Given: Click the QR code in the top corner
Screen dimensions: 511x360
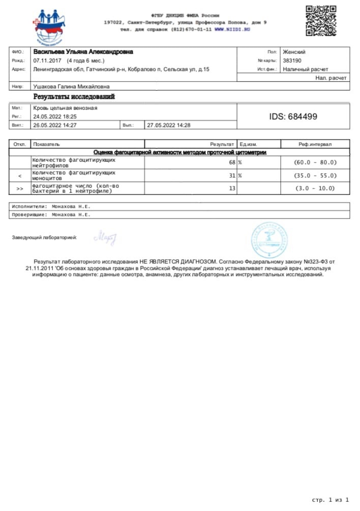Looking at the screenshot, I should (x=321, y=20).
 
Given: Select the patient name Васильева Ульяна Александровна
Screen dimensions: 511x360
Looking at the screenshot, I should (x=83, y=52).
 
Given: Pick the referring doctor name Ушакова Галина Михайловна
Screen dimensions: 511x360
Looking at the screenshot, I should (x=71, y=87).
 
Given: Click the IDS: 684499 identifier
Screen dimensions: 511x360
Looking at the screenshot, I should (x=293, y=117).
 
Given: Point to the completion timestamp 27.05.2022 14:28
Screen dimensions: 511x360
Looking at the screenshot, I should (x=168, y=125).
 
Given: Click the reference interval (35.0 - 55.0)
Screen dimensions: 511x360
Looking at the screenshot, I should (x=315, y=176).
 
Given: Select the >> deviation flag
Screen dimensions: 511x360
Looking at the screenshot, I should (x=20, y=188).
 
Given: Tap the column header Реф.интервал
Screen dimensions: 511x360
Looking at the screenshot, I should (x=315, y=145).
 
